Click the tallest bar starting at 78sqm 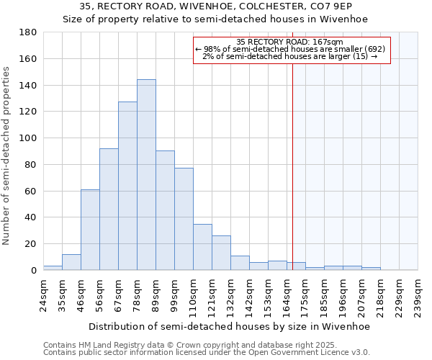[x=146, y=175]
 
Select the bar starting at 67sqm [x=127, y=186]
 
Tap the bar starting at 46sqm [x=90, y=230]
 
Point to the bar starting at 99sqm [x=184, y=219]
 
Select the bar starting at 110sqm [x=202, y=247]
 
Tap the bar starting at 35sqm [x=71, y=262]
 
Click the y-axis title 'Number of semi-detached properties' [x=7, y=156]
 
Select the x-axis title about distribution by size [x=230, y=326]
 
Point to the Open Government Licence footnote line [x=207, y=353]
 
